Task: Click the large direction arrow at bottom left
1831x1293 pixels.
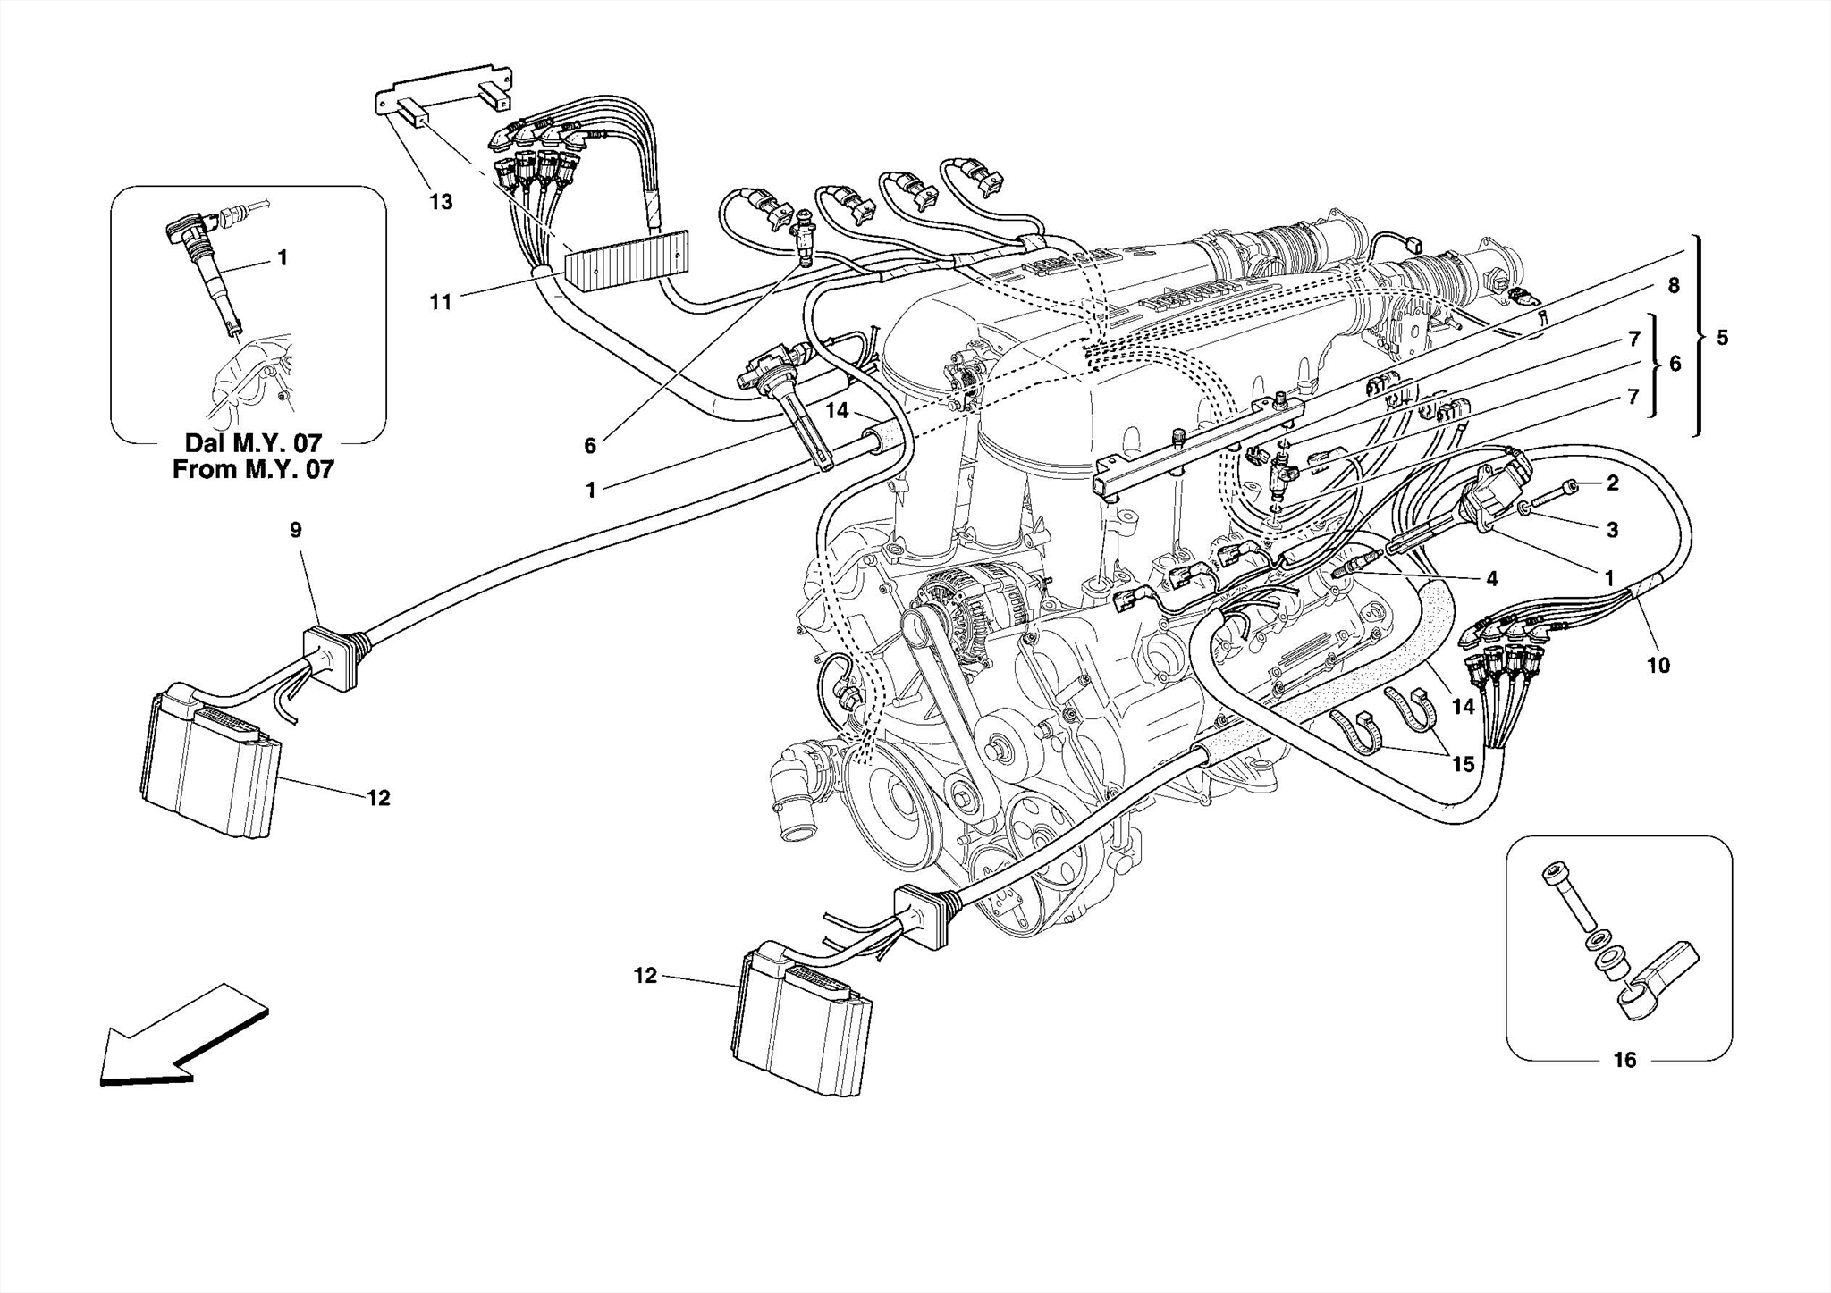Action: (x=179, y=1037)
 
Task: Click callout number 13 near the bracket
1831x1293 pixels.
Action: (x=441, y=202)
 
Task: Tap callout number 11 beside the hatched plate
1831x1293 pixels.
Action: (x=441, y=302)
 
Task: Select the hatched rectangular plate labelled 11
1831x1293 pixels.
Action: (x=626, y=260)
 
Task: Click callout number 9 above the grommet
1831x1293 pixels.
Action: (x=296, y=530)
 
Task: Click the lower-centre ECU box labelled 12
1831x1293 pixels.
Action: (x=801, y=1019)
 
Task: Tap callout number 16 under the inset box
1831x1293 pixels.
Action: (x=1624, y=1060)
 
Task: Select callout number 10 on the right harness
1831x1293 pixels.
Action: (x=1658, y=665)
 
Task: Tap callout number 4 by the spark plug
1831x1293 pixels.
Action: (x=1491, y=579)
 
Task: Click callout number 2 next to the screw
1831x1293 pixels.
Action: (x=1612, y=483)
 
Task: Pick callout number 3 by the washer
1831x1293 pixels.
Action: (x=1612, y=530)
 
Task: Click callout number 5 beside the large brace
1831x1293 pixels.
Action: (x=1722, y=338)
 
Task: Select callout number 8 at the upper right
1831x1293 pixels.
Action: (x=1673, y=285)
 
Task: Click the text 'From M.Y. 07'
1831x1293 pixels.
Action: (x=252, y=469)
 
